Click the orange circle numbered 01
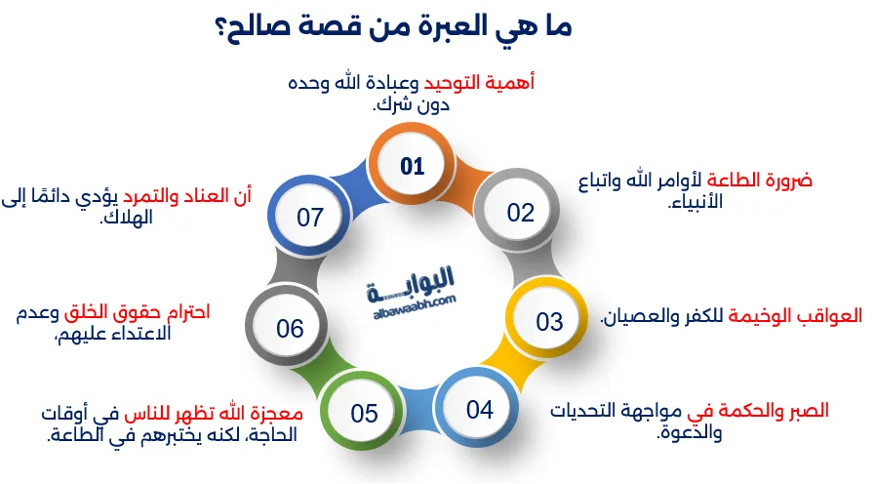coord(413,166)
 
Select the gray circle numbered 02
coord(520,212)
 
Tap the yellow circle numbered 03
coord(549,321)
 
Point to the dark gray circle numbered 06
coord(290,328)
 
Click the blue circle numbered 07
coord(310,217)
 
